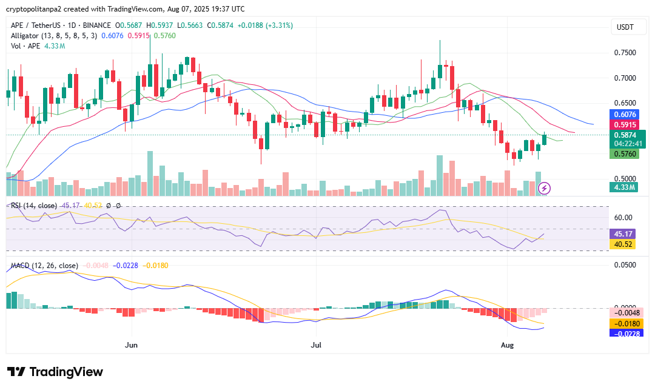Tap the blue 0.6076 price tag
(x=624, y=114)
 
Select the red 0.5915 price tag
(x=624, y=125)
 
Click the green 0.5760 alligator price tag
(x=624, y=154)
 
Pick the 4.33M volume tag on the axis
(x=624, y=187)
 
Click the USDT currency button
(x=625, y=27)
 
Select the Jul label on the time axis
(x=316, y=345)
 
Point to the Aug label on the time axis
(x=508, y=345)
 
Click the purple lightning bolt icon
(x=545, y=187)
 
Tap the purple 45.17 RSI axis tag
(x=624, y=234)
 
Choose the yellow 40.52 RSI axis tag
(x=624, y=244)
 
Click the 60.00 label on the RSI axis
(x=623, y=217)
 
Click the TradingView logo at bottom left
(x=55, y=372)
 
